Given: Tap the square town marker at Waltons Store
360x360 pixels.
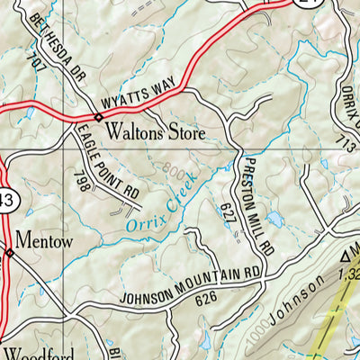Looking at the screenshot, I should click(x=98, y=116).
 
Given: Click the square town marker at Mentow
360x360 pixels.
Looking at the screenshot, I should click(x=10, y=253).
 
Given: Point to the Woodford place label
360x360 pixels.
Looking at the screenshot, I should click(x=31, y=351).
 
